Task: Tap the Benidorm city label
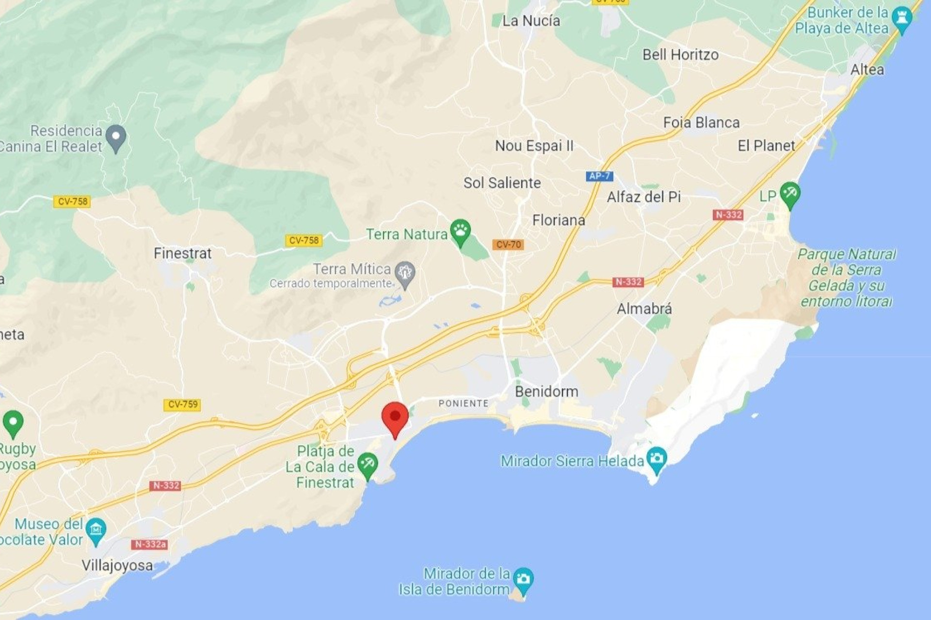(546, 391)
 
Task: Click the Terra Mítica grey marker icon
(404, 273)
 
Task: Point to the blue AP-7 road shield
(599, 176)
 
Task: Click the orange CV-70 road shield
(508, 245)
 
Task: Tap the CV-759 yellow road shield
(182, 404)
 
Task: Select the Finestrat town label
(182, 253)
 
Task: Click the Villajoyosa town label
(117, 565)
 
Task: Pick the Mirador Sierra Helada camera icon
(657, 458)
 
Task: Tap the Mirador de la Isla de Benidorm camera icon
(523, 579)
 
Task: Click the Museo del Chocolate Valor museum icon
(96, 529)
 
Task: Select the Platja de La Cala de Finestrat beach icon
(368, 464)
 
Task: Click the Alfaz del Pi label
(643, 197)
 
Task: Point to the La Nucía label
(531, 21)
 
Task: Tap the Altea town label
(867, 70)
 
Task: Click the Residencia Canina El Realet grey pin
(116, 137)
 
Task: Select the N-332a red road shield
(150, 544)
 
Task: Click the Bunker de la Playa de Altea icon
(901, 18)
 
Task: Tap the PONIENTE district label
(463, 403)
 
